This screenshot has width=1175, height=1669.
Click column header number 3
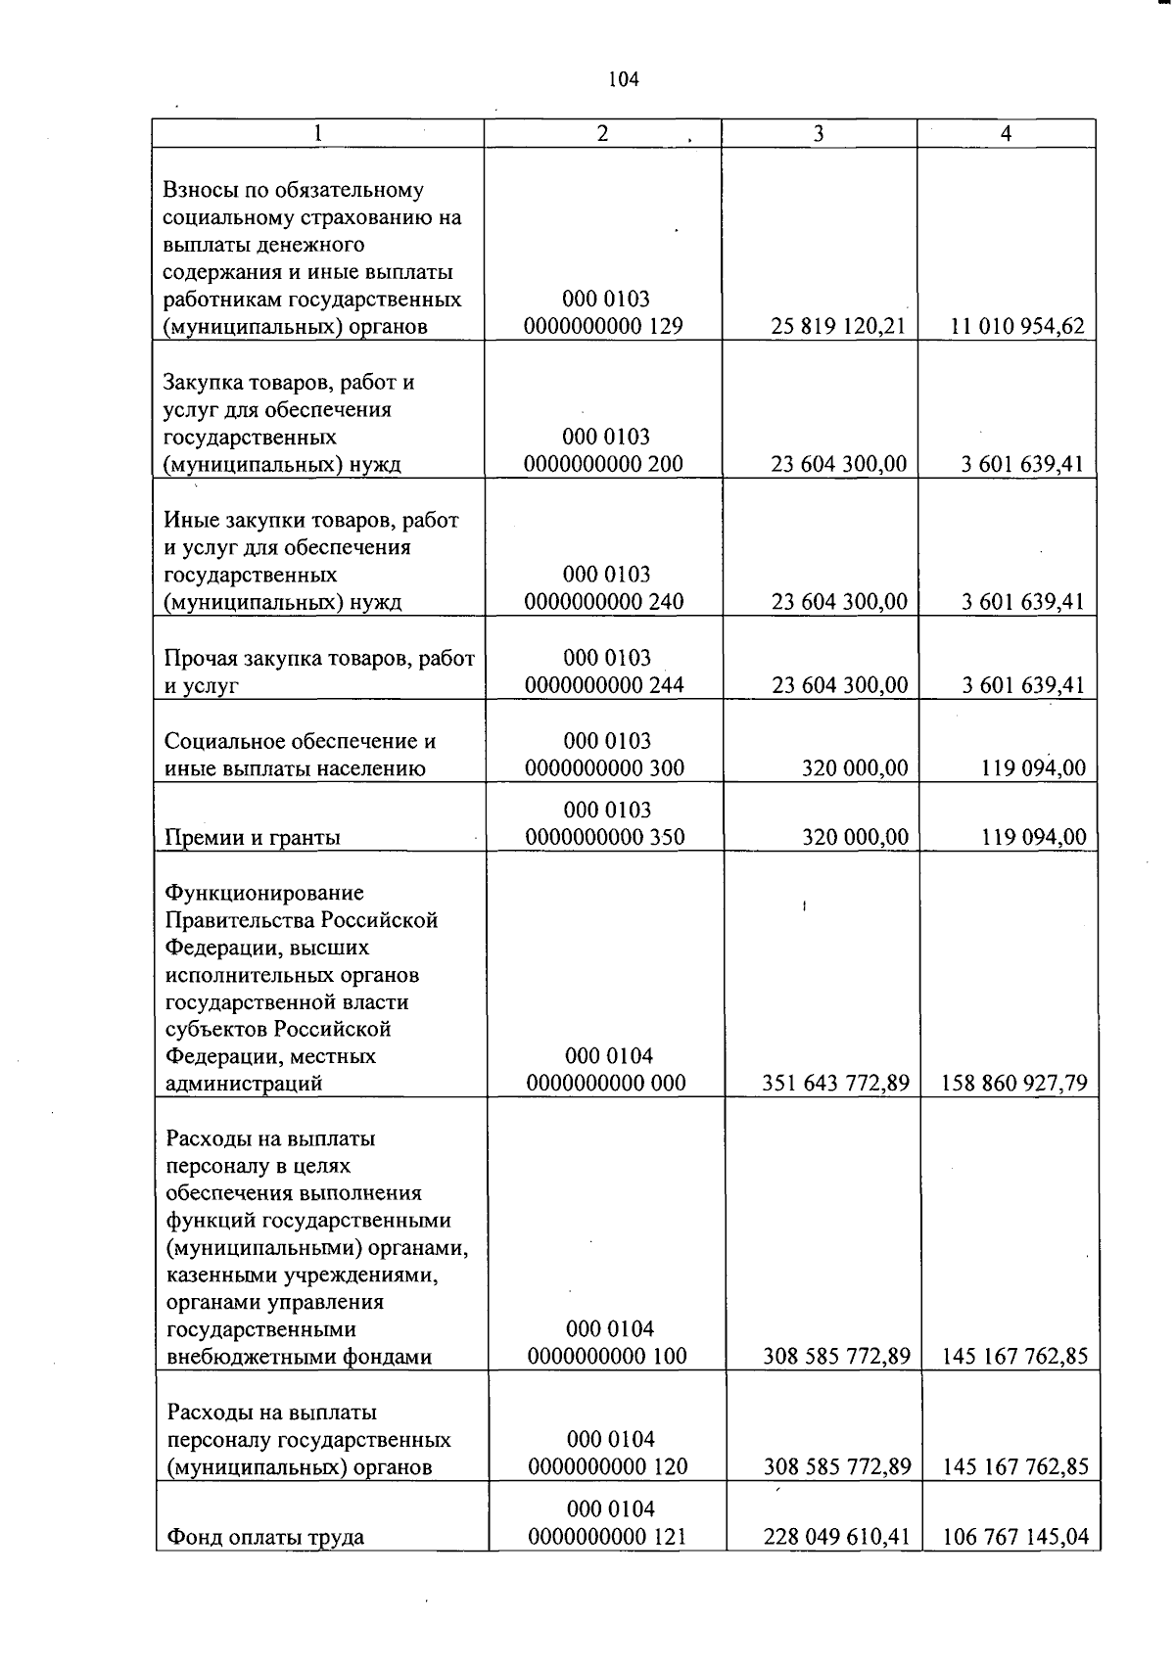(819, 134)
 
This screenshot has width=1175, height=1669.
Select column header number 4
(1006, 134)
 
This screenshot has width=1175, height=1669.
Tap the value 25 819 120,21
(838, 326)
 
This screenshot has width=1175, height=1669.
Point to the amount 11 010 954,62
(1017, 326)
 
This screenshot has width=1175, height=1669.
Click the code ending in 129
(603, 326)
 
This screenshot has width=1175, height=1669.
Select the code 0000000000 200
(603, 463)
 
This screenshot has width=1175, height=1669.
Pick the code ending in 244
(604, 684)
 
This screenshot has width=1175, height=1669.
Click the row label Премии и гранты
(253, 837)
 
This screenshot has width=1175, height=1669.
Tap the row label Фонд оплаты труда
(265, 1537)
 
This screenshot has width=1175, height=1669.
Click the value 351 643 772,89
(836, 1083)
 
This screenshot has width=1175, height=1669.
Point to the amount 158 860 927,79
(1014, 1083)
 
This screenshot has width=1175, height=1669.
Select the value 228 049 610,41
(837, 1537)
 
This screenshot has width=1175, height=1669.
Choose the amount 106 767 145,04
(1015, 1537)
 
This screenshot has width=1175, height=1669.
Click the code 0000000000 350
(605, 837)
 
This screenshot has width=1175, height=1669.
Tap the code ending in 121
(607, 1537)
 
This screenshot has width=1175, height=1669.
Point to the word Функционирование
(264, 893)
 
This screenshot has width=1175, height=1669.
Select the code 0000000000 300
(605, 768)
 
